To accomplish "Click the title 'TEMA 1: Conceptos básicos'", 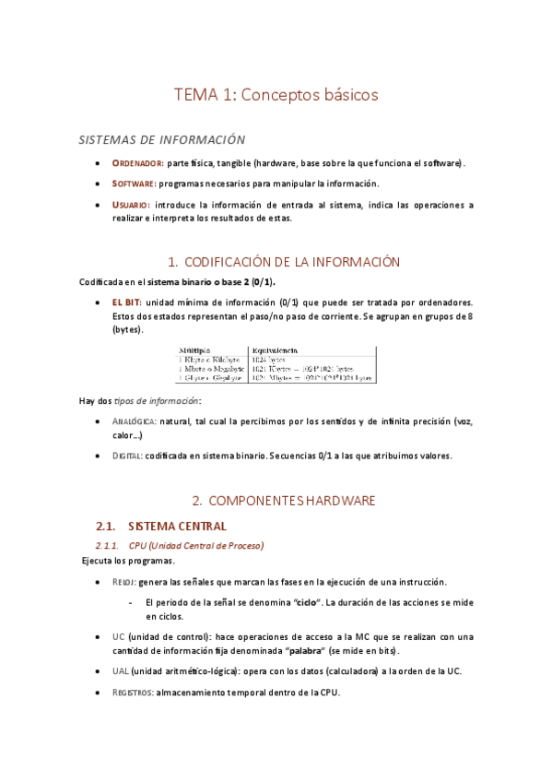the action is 276,94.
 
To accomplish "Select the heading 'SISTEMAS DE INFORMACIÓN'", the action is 162,140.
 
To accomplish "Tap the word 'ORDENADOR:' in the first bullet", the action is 138,163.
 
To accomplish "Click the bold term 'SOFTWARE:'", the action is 135,184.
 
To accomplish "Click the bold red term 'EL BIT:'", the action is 127,302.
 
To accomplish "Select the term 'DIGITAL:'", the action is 127,456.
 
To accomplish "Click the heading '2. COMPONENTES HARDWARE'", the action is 284,501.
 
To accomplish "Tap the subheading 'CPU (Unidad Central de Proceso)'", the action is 196,546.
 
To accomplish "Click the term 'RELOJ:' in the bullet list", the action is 123,582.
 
